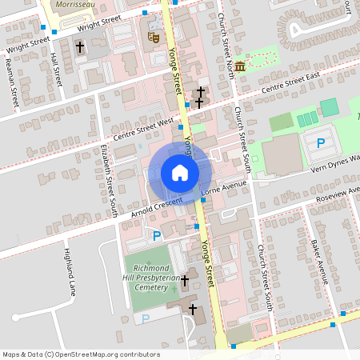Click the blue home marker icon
pos(179,172)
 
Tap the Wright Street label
pos(99,24)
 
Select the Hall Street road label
pos(56,70)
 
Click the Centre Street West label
pos(144,128)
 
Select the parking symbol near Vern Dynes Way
pos(321,143)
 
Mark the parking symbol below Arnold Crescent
pos(157,236)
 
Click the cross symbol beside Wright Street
pos(80,48)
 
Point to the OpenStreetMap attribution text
pos(81,354)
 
